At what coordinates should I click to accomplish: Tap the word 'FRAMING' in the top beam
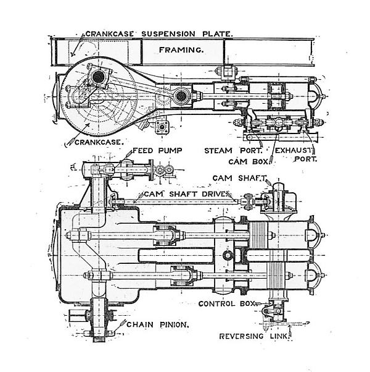coord(181,49)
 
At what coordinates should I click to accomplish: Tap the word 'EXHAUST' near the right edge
coord(295,150)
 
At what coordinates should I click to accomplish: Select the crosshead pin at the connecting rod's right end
coord(181,96)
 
